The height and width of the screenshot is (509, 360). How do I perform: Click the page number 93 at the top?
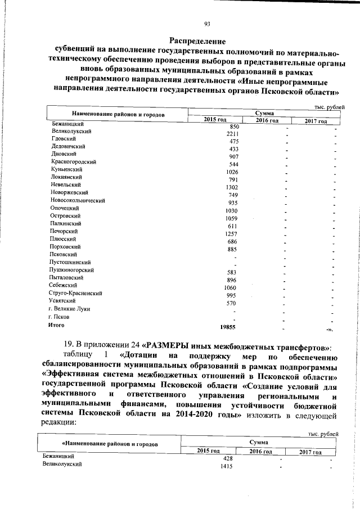[207, 23]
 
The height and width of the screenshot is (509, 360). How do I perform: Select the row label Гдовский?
[62, 138]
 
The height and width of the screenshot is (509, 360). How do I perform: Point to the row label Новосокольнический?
[78, 200]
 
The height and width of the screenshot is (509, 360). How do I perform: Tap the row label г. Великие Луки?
[70, 309]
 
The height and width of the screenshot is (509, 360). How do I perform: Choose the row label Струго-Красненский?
[76, 293]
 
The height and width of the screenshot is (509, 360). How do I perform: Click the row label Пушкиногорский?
[71, 270]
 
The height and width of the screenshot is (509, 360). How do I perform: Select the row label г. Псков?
[59, 317]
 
